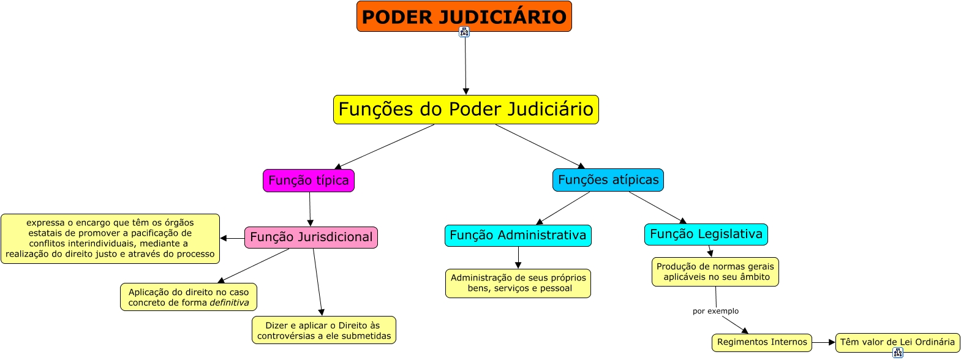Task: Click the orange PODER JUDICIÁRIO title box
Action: (464, 17)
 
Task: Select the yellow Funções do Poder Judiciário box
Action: (465, 110)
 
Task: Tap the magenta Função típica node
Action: (309, 181)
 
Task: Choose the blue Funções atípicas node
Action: (608, 180)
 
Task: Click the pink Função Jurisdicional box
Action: (311, 238)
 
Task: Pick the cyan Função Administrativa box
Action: (518, 236)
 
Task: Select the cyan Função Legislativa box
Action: (706, 234)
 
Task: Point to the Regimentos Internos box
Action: (762, 342)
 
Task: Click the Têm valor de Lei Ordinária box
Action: (897, 342)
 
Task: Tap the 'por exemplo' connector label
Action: (715, 311)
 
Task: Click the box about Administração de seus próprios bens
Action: (518, 283)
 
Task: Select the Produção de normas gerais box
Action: (715, 272)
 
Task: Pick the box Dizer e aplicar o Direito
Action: (323, 331)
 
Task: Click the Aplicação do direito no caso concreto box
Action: (189, 298)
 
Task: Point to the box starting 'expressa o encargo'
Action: (110, 239)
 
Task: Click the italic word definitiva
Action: (229, 302)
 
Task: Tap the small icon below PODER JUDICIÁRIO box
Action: (464, 32)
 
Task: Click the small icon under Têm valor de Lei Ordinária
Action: (898, 353)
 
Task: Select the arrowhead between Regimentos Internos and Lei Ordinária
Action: (832, 342)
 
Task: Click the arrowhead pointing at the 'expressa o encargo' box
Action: (224, 238)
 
